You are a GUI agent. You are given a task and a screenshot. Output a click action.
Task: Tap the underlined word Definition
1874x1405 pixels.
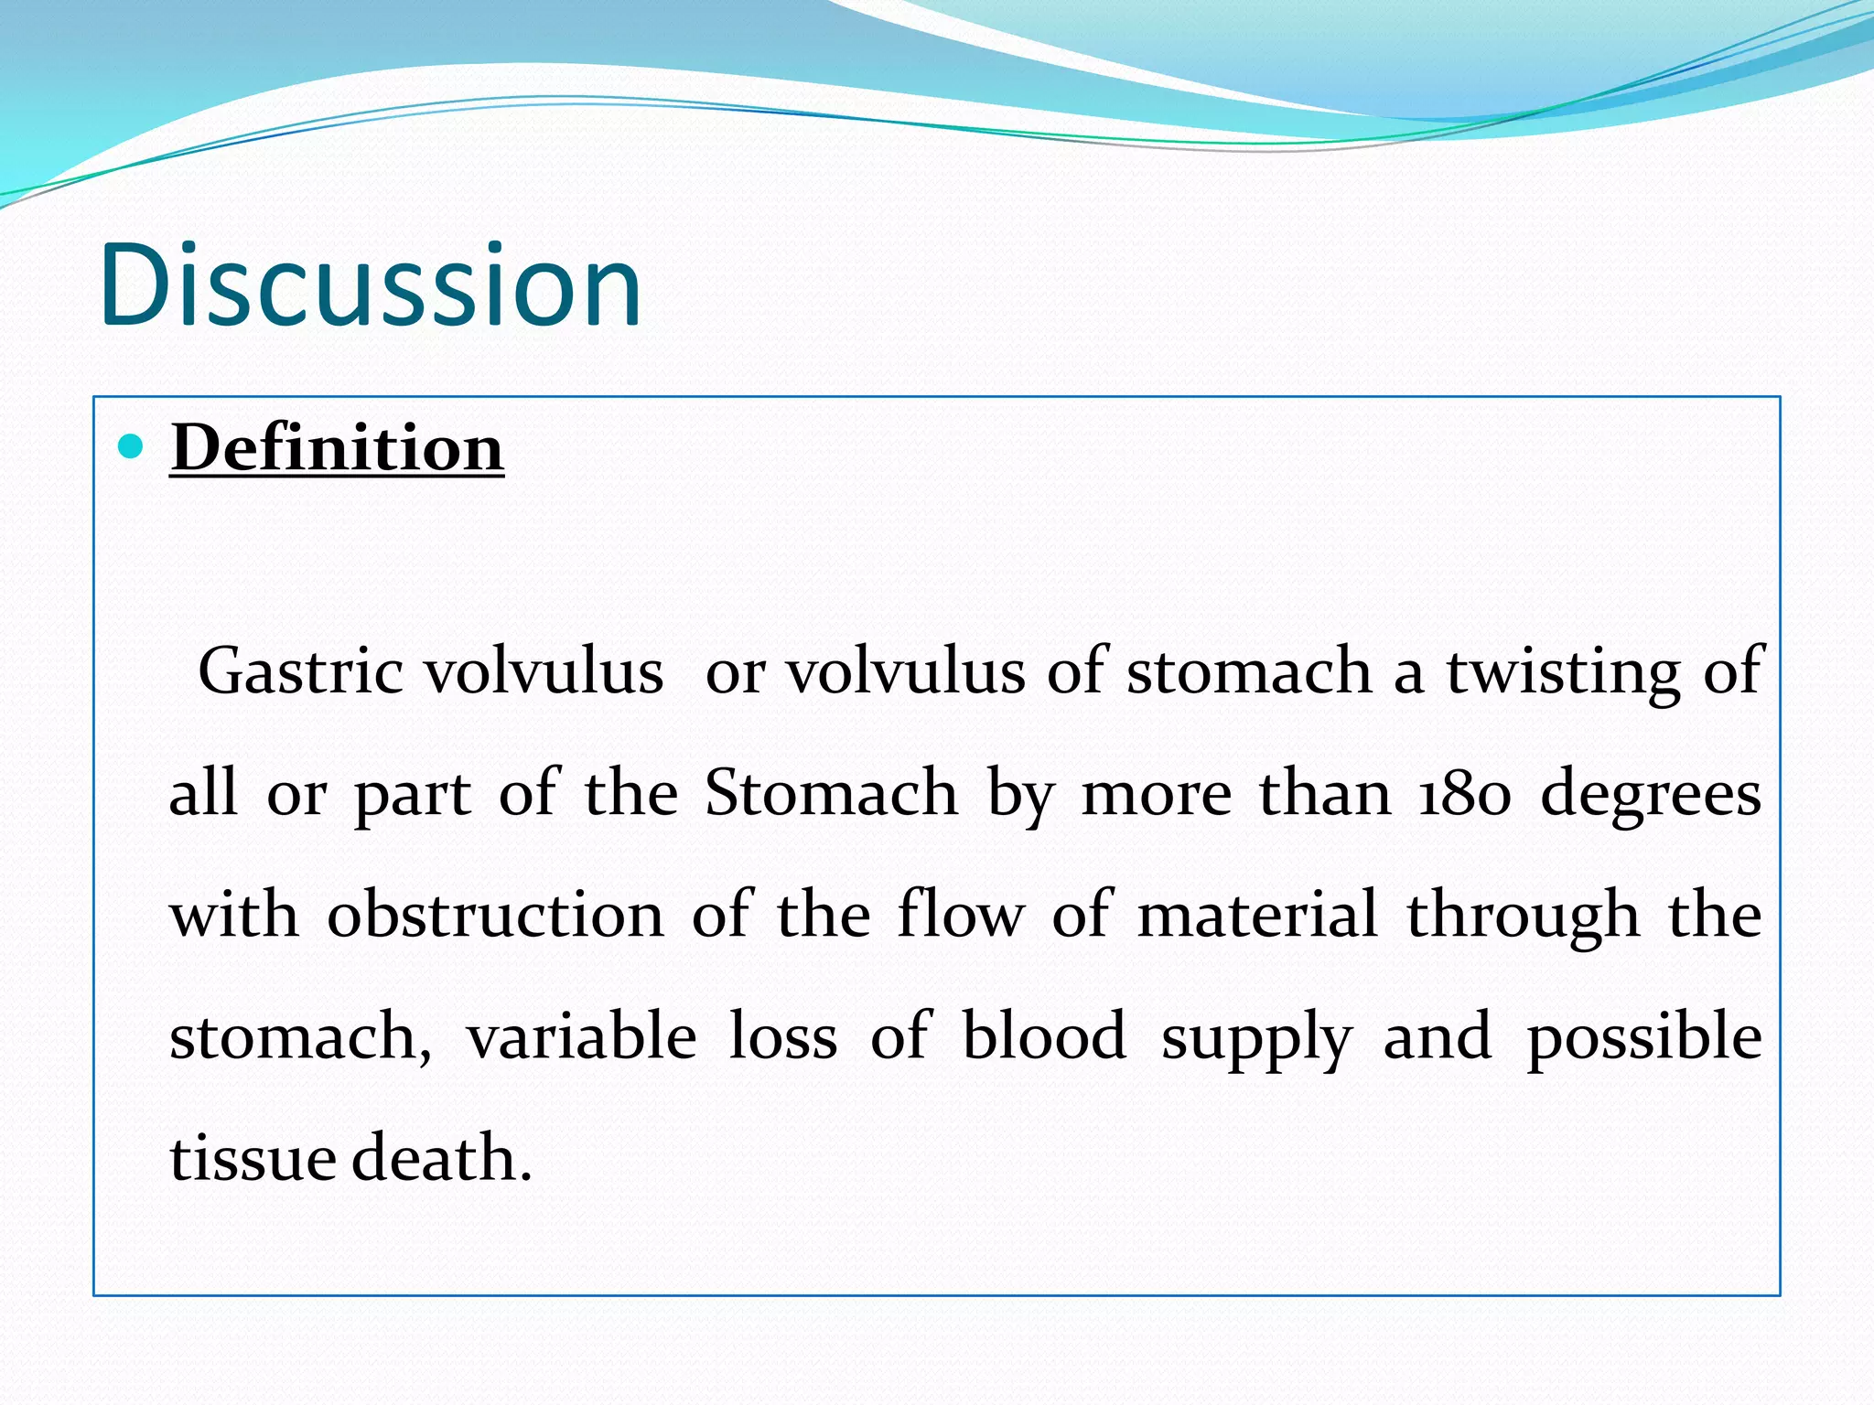[x=337, y=448]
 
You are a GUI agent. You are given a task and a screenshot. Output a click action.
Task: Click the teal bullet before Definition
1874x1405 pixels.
[x=132, y=446]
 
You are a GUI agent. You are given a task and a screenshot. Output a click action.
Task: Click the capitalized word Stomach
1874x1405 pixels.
[x=831, y=792]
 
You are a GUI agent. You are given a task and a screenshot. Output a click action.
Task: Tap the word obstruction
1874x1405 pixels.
[x=495, y=915]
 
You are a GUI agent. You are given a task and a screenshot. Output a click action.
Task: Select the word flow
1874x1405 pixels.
[x=961, y=915]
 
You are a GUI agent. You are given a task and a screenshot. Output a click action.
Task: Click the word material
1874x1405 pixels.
[x=1256, y=915]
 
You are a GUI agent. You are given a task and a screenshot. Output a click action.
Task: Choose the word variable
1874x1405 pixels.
[x=582, y=1036]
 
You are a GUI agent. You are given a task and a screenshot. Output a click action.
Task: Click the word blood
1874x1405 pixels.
[x=1044, y=1036]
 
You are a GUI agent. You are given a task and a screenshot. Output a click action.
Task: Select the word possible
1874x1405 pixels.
[x=1644, y=1038]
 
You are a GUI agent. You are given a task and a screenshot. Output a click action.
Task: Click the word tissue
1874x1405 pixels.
[x=253, y=1158]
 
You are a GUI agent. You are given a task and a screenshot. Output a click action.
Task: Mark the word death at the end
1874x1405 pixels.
[x=440, y=1158]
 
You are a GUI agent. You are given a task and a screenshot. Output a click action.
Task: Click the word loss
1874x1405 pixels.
[x=783, y=1036]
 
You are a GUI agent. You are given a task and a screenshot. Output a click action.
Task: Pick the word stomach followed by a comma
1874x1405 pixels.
[x=300, y=1038]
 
